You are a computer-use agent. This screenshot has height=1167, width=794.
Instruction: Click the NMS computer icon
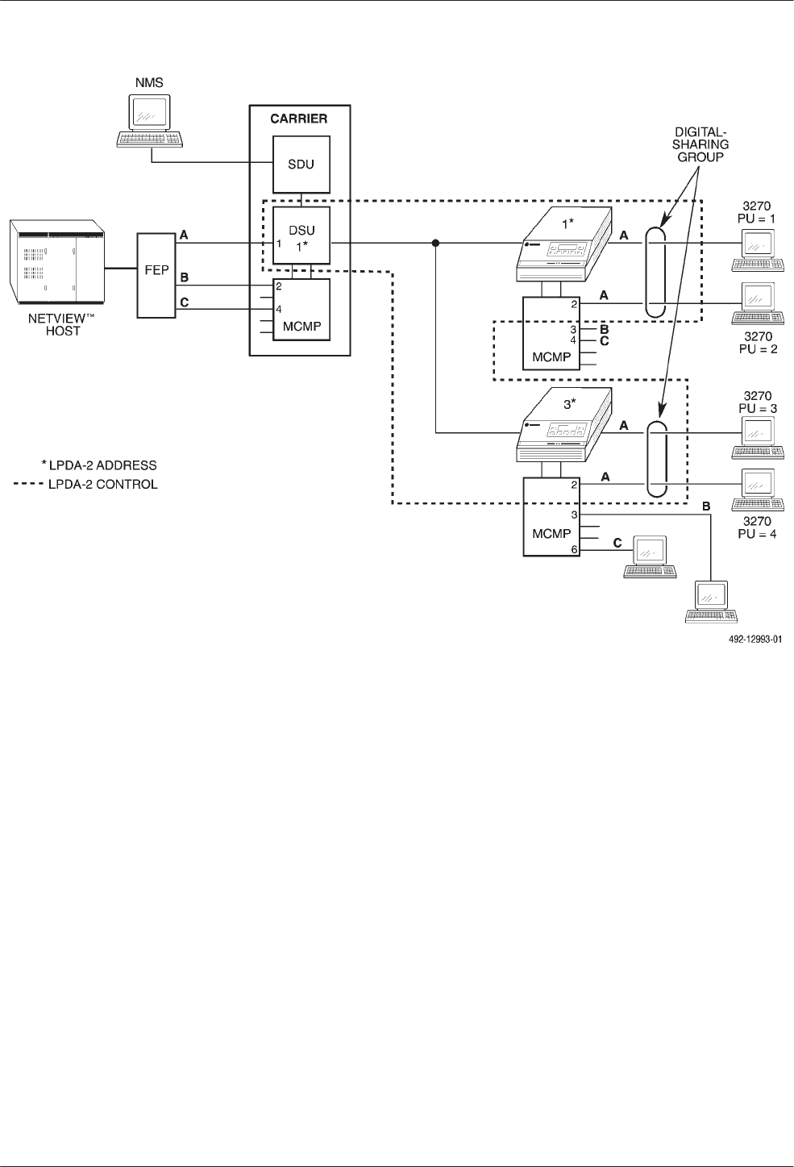(x=151, y=120)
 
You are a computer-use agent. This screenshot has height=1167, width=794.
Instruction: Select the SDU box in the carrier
(x=301, y=165)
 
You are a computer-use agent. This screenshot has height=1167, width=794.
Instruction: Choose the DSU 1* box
(x=301, y=235)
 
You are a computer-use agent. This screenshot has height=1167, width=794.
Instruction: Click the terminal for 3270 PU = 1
(x=757, y=250)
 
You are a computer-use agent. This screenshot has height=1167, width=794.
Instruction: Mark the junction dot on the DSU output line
(x=435, y=242)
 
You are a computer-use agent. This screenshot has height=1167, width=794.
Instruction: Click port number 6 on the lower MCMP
(x=575, y=549)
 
